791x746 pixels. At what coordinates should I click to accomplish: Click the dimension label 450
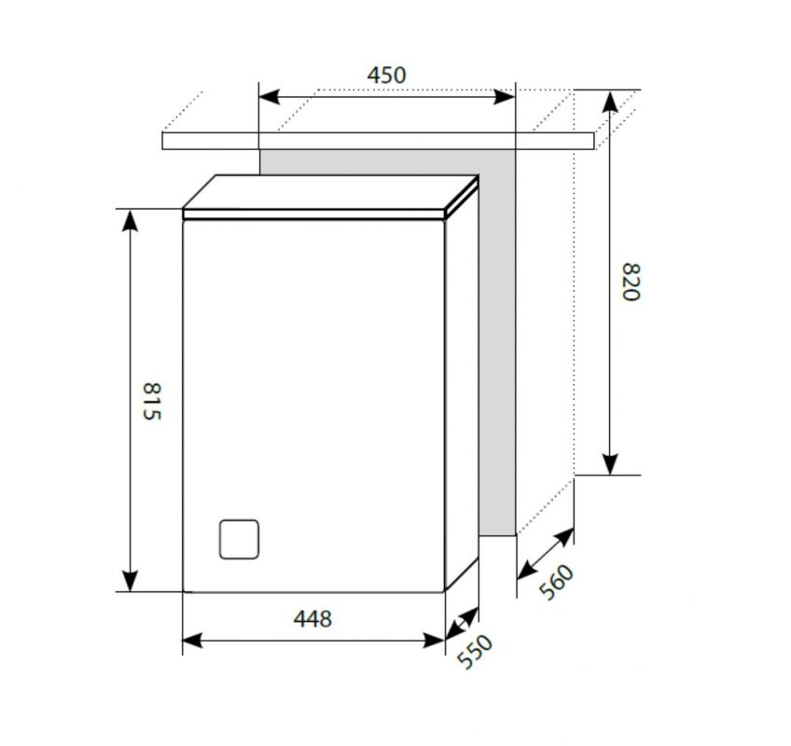click(x=386, y=76)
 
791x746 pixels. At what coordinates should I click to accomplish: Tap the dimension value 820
click(x=631, y=282)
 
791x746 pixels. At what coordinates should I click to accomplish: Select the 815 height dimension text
click(x=151, y=402)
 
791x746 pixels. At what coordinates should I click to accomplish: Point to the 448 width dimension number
click(x=312, y=619)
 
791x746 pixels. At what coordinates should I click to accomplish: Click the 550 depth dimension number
click(x=474, y=652)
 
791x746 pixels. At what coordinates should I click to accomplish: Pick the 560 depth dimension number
click(x=556, y=582)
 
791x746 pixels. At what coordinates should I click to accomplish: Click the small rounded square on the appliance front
click(x=239, y=539)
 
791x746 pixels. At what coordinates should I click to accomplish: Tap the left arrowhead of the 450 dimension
click(x=269, y=96)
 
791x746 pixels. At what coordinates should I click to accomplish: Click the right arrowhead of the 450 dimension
click(x=505, y=96)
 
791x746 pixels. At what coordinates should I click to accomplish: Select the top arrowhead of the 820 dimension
click(x=610, y=102)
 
